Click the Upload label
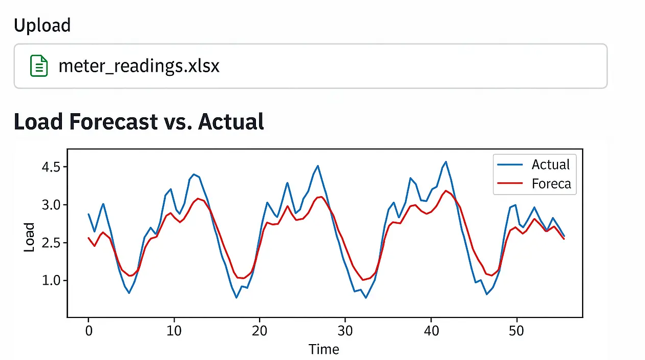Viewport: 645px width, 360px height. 42,25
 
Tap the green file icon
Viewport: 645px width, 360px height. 39,66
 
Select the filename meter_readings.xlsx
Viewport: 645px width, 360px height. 139,66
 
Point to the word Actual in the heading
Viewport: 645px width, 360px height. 231,122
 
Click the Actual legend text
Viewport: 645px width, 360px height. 550,164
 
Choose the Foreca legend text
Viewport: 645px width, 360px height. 551,183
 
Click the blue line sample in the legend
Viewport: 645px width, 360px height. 510,165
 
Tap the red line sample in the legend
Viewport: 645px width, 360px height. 510,183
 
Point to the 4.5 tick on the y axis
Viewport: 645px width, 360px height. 51,167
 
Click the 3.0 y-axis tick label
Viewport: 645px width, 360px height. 51,205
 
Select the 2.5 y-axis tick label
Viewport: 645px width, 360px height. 51,243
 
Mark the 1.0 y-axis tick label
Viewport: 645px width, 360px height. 51,281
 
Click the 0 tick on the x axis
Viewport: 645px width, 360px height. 88,331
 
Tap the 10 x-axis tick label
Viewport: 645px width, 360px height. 174,331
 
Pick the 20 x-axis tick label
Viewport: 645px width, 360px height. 260,331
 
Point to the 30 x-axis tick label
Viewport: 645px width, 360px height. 346,331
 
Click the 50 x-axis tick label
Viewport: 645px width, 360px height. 517,331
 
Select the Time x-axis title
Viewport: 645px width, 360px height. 324,349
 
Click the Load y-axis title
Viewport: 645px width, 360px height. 29,237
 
